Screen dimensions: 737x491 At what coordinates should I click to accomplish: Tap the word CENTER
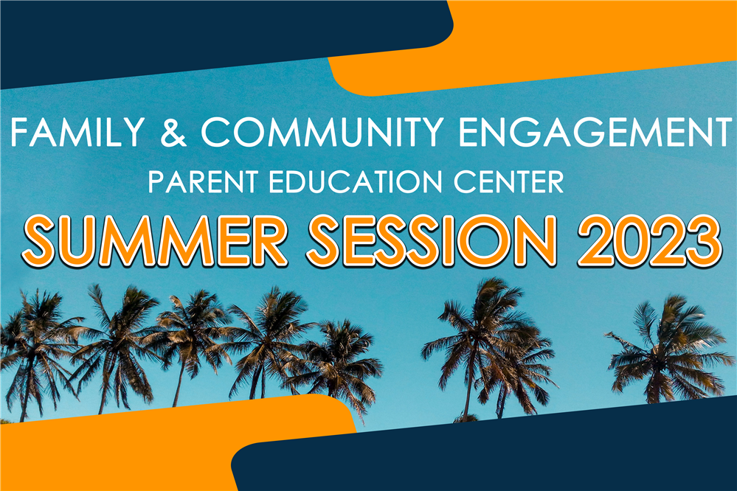(508, 181)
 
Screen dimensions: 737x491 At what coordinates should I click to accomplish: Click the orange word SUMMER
(155, 241)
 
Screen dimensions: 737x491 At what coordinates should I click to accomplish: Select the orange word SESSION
(432, 241)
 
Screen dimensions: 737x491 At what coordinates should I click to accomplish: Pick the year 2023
(649, 241)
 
